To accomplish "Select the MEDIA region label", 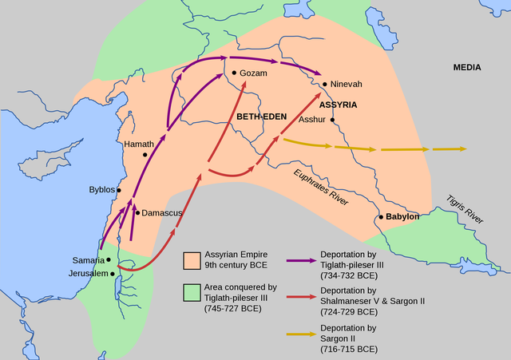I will [467, 68].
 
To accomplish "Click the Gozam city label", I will [252, 73].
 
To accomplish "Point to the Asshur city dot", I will [332, 121].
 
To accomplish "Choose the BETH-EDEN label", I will [261, 117].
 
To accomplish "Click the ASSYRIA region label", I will [338, 105].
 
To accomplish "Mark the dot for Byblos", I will [119, 190].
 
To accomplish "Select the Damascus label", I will [162, 213].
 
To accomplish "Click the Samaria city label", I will [89, 260].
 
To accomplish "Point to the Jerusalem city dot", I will [113, 274].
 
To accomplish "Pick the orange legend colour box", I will [191, 260].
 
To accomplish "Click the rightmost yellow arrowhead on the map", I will [461, 149].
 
